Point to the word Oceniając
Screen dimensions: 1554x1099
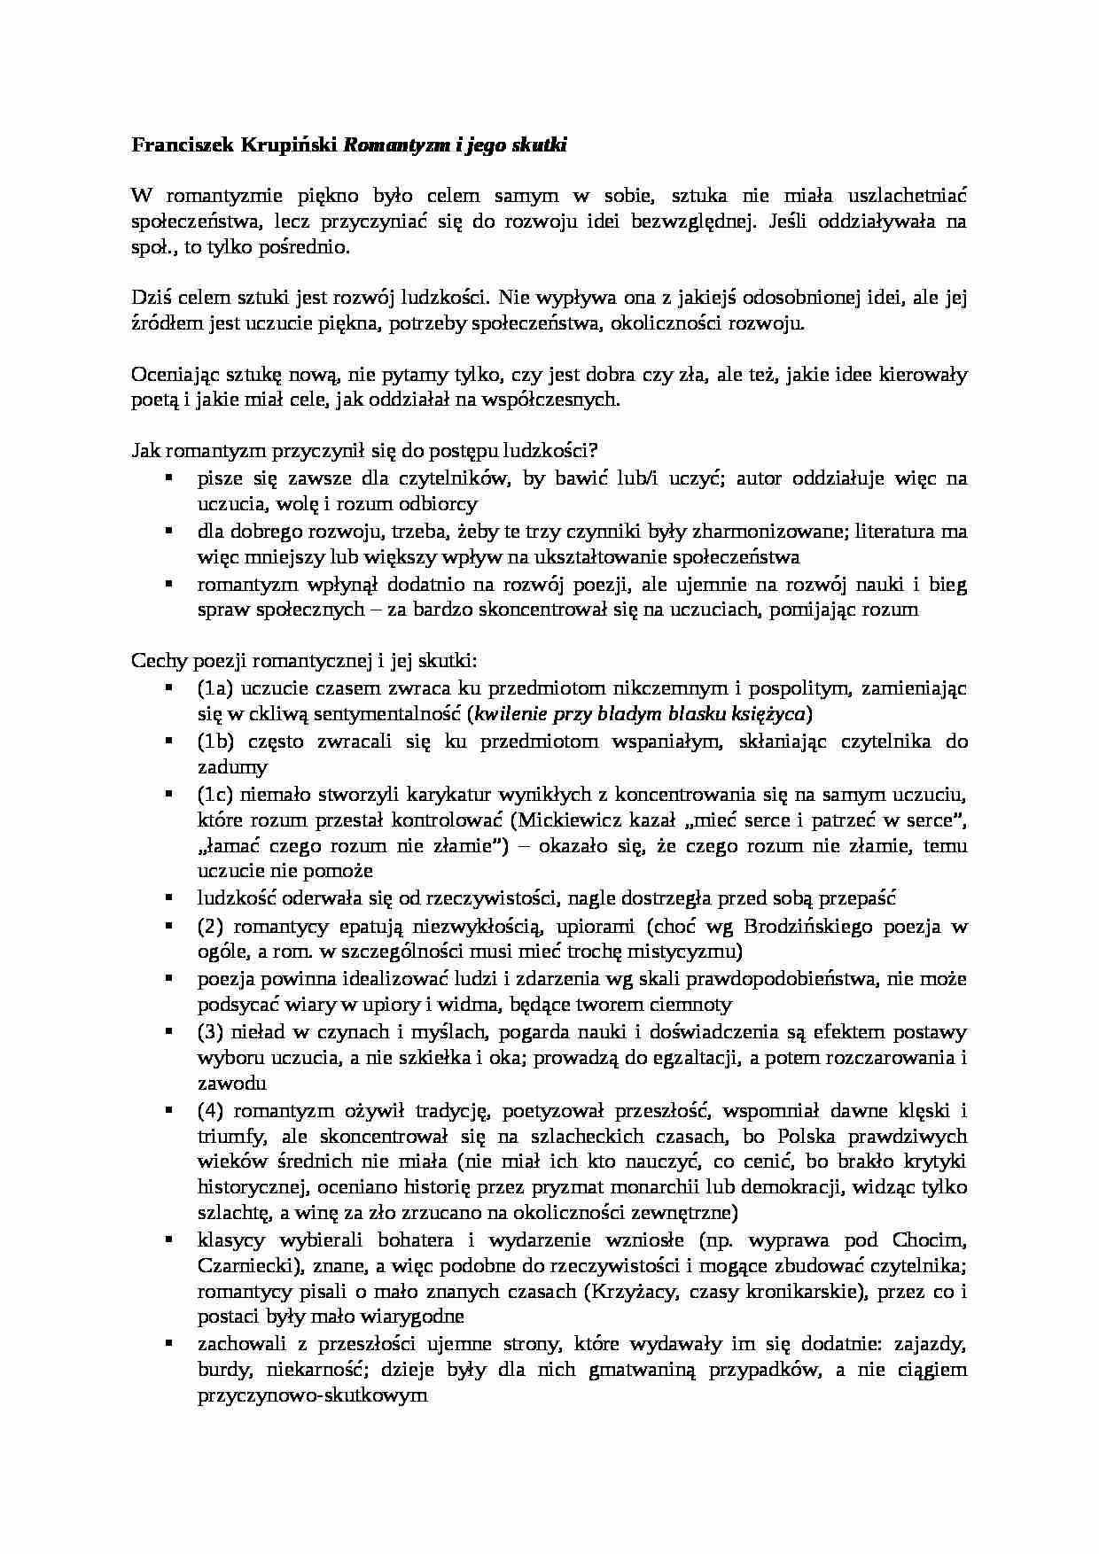[168, 375]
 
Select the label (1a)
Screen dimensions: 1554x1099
[215, 688]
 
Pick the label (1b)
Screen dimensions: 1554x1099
[215, 742]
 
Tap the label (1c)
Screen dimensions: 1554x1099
[215, 794]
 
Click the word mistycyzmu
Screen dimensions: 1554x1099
[692, 952]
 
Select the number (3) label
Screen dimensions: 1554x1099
[210, 1032]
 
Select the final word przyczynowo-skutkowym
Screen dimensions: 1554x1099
[312, 1395]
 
